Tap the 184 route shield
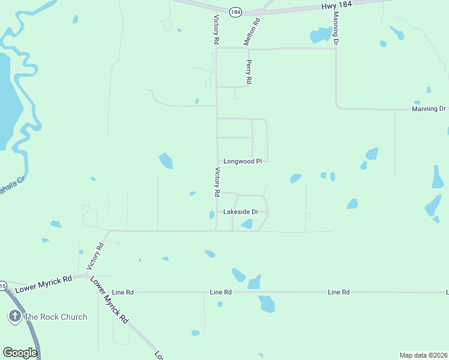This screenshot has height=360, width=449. (x=235, y=11)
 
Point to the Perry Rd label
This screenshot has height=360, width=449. (x=249, y=71)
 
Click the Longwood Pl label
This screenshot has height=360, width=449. (x=243, y=161)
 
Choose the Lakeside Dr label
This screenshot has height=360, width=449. (x=240, y=212)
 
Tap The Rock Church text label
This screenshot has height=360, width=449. (x=56, y=317)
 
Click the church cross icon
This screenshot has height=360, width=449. (x=14, y=316)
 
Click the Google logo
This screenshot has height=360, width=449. (x=20, y=352)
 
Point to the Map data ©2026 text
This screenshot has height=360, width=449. (x=423, y=355)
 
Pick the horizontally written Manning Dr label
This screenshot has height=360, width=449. (x=429, y=109)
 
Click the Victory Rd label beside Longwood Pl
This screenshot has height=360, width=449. (x=217, y=182)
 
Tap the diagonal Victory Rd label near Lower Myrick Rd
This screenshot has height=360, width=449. (x=95, y=256)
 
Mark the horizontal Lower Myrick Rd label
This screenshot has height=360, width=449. (x=43, y=284)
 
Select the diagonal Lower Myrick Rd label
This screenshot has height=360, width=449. (x=109, y=300)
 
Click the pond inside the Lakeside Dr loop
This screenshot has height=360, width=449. (x=247, y=224)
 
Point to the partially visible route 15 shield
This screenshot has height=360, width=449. (x=2, y=286)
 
